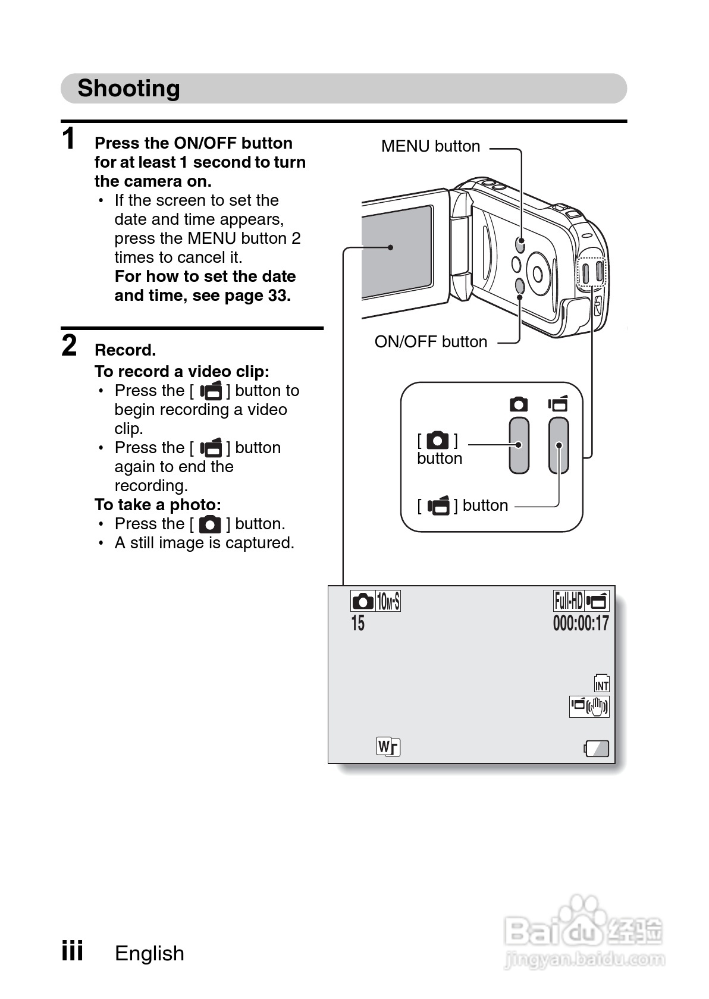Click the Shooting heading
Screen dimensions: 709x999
point(128,88)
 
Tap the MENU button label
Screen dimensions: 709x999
point(431,146)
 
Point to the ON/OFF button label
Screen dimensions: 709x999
point(431,342)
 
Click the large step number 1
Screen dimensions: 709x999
point(69,138)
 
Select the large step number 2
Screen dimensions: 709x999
point(69,345)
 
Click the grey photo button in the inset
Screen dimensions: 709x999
point(519,445)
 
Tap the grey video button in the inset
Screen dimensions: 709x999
point(559,445)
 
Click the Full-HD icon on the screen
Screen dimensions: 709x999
point(569,601)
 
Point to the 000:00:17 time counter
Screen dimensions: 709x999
point(581,623)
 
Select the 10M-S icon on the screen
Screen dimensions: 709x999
point(388,601)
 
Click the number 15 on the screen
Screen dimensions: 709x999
point(358,623)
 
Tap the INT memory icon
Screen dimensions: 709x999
point(601,683)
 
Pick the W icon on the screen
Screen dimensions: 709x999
point(388,747)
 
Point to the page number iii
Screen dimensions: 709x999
point(73,950)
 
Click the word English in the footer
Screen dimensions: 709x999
point(149,954)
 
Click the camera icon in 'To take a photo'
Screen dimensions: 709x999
point(210,524)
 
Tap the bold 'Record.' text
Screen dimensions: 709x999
point(126,350)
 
